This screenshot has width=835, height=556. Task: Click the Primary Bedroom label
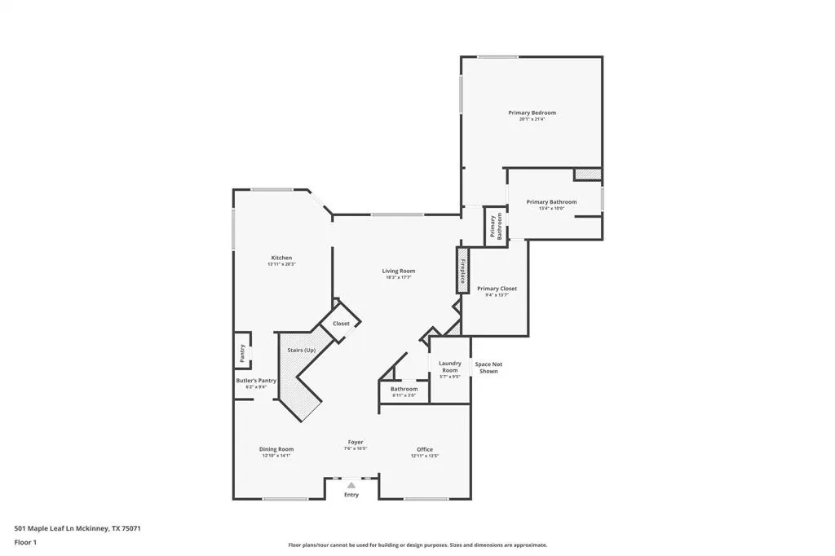tap(532, 113)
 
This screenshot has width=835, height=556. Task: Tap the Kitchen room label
tap(281, 258)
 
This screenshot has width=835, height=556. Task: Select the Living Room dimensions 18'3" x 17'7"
tap(399, 277)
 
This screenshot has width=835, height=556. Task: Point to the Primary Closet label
tap(497, 289)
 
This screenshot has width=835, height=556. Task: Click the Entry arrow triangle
tap(351, 484)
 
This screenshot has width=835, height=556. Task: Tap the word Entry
tap(351, 495)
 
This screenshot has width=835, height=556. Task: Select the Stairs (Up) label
tap(301, 350)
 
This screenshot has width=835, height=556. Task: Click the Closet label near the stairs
tap(341, 324)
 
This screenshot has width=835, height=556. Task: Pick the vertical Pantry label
tap(242, 352)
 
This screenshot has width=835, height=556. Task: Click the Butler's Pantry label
tap(256, 381)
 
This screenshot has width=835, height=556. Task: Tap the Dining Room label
tap(276, 449)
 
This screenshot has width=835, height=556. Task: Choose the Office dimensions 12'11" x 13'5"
tap(425, 456)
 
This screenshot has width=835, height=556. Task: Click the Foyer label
tap(356, 442)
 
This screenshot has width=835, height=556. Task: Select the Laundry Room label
tap(450, 367)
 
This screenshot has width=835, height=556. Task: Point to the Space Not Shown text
tap(488, 368)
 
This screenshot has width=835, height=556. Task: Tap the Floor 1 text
tap(25, 542)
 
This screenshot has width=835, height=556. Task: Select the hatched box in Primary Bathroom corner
tap(587, 174)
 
